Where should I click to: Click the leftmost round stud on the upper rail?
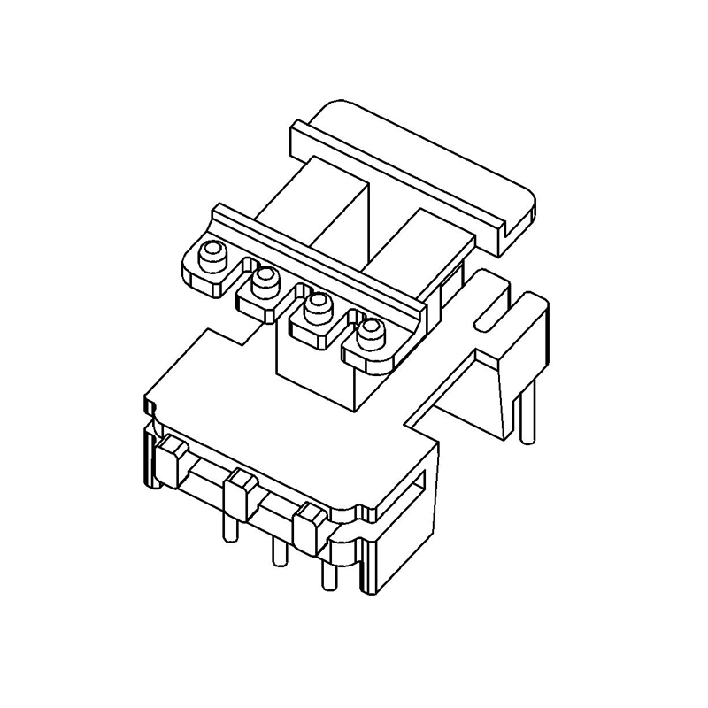(x=212, y=258)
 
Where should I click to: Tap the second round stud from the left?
(x=264, y=282)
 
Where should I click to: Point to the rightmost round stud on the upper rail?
(x=370, y=335)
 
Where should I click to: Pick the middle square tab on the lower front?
(x=238, y=495)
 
